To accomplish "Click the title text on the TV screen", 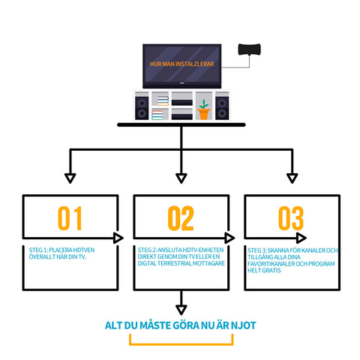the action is (x=181, y=64).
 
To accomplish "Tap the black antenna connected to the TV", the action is (x=249, y=49).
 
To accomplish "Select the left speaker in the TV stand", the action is (x=142, y=108).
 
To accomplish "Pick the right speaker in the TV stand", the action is (x=222, y=108).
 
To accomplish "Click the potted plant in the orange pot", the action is (x=204, y=109).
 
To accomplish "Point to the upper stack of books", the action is (x=163, y=101).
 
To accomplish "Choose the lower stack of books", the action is (x=157, y=115).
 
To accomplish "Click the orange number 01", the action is (x=70, y=218).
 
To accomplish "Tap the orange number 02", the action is (x=181, y=218).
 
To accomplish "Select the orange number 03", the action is (x=291, y=218).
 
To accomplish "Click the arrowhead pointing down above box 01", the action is (x=70, y=178).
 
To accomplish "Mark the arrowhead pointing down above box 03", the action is (x=292, y=178).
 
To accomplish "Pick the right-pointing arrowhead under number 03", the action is (x=301, y=238).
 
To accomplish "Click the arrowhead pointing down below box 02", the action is (x=181, y=310).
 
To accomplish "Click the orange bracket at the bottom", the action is (x=181, y=344).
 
